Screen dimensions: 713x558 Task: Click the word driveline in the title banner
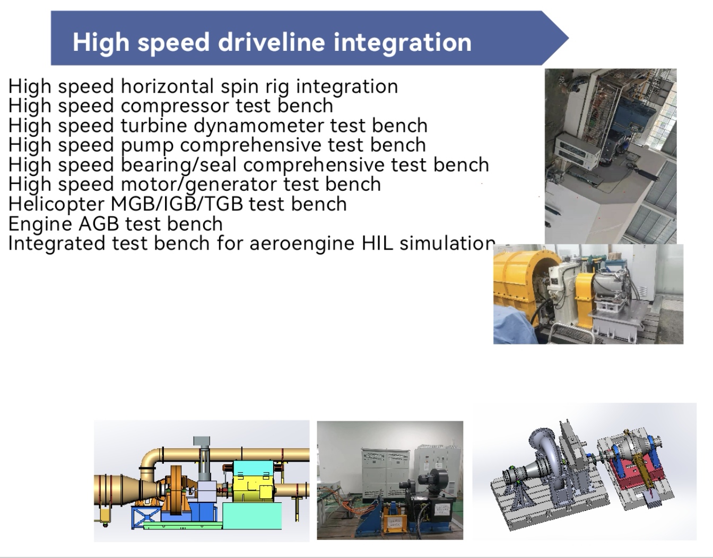(271, 42)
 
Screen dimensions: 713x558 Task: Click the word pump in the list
(147, 146)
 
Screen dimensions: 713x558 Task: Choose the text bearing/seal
(178, 165)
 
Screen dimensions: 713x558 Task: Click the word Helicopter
(56, 204)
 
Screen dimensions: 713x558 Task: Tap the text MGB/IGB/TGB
(177, 204)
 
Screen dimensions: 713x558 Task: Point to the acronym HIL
(377, 243)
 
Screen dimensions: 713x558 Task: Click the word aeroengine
(302, 244)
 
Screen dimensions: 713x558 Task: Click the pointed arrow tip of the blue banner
(568, 38)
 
